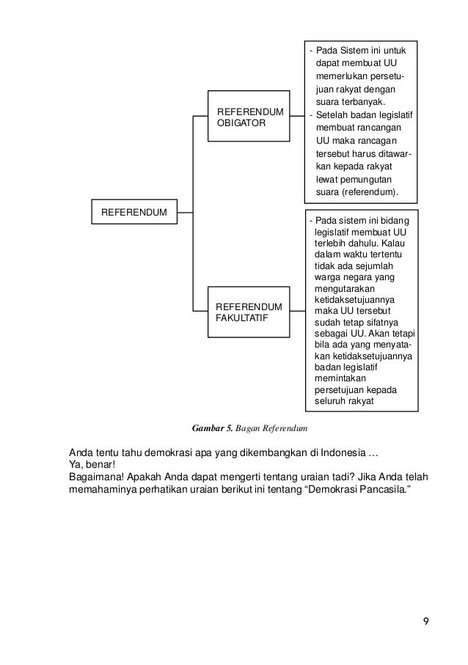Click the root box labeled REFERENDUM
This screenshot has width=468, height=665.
134,213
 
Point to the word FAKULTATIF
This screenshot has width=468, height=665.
241,317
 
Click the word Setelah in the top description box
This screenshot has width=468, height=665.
332,114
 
